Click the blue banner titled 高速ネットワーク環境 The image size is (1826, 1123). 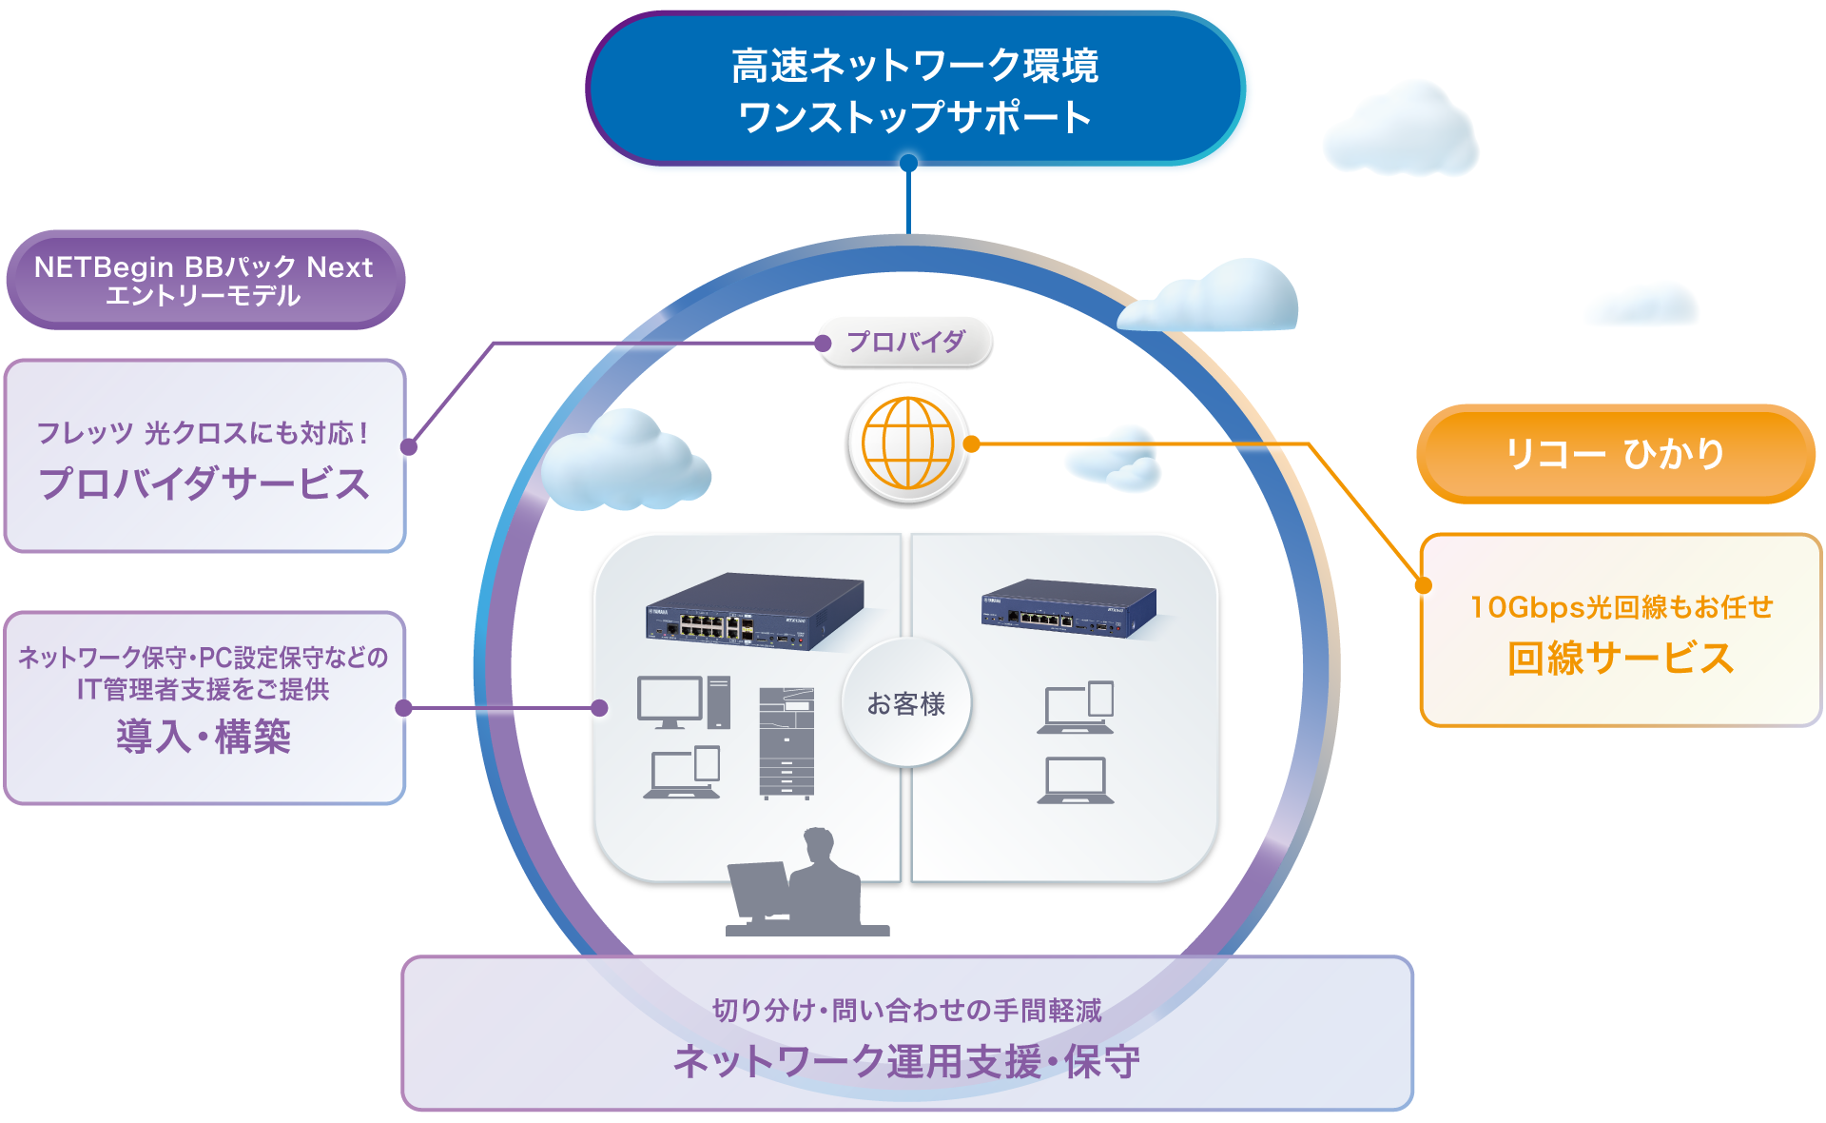tap(914, 89)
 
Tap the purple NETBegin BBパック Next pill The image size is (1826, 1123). tap(204, 280)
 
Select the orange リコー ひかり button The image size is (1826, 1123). tap(1615, 454)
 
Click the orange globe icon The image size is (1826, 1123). tap(907, 443)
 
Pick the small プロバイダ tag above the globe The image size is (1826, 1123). tap(906, 342)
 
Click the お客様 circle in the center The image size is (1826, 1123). tap(905, 703)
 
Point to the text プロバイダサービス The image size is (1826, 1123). tap(204, 483)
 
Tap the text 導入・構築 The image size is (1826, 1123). tap(204, 737)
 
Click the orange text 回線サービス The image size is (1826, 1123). tap(1621, 659)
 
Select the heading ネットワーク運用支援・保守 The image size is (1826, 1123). tap(906, 1061)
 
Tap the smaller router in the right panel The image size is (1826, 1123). tap(1069, 607)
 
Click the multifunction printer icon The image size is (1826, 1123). tap(787, 742)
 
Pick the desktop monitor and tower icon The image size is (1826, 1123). tap(683, 702)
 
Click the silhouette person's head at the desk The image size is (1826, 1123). tap(818, 844)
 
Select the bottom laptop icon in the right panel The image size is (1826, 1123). tap(1076, 781)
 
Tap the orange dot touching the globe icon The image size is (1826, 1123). tap(971, 443)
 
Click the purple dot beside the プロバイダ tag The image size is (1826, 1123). tap(824, 344)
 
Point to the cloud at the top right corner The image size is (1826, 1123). tap(1401, 131)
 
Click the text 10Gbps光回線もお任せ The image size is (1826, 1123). tap(1621, 607)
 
